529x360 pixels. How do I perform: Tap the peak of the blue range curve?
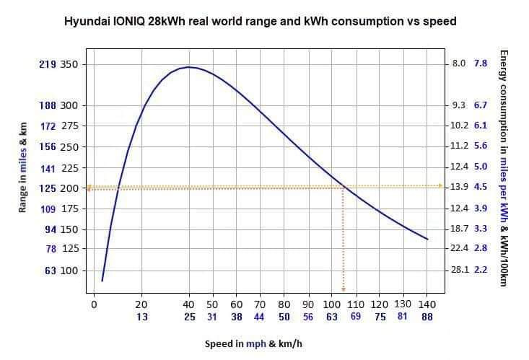(x=188, y=67)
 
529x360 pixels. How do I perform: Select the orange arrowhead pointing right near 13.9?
(x=440, y=186)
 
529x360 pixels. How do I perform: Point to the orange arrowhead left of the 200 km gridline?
(x=89, y=188)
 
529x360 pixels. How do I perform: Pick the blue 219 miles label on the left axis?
(x=48, y=64)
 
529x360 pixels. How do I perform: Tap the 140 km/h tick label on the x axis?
(x=427, y=304)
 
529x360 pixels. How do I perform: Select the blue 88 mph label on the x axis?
(x=427, y=316)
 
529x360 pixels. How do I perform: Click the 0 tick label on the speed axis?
(x=93, y=304)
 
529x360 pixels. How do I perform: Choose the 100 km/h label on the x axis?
(x=331, y=304)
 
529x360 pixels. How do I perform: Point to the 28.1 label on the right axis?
(x=459, y=270)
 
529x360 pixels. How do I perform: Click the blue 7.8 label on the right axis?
(x=481, y=63)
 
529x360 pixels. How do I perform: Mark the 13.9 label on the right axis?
(x=459, y=187)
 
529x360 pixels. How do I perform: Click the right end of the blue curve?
(x=428, y=240)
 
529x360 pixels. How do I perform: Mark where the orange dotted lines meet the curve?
(x=343, y=187)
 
